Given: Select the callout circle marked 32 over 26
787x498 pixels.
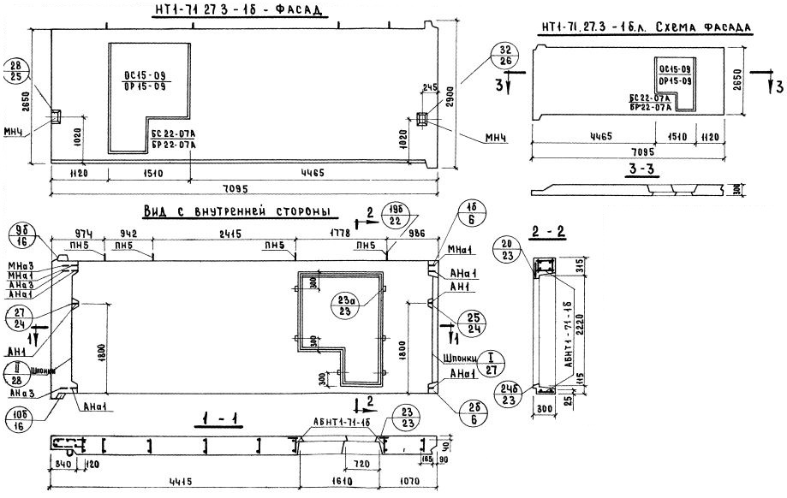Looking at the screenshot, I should click(504, 54).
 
